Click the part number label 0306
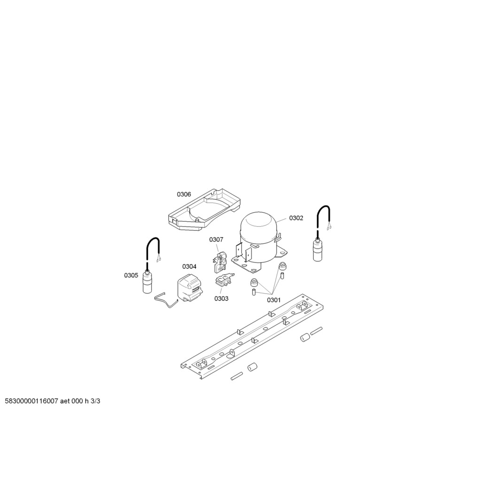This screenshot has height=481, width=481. (184, 194)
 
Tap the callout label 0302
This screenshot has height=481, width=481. (296, 218)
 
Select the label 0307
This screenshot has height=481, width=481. (216, 239)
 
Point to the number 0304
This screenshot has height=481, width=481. (189, 267)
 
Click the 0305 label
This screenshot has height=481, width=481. (131, 275)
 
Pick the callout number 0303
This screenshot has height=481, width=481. (221, 298)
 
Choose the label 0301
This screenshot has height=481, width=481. (274, 300)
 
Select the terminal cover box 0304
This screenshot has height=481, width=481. (190, 288)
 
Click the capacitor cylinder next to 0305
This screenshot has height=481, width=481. (148, 283)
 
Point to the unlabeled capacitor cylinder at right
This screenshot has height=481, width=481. (318, 250)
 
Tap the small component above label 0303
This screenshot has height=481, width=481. (224, 280)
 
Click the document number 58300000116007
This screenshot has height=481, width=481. (31, 401)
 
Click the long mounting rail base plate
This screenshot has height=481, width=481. (252, 336)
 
